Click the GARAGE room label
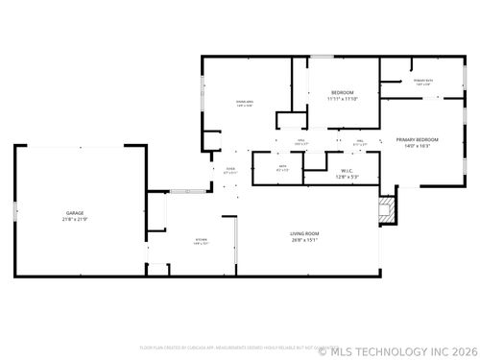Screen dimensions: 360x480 [74, 212]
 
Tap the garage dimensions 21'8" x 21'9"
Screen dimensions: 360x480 [74, 219]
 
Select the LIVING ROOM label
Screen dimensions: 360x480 [304, 234]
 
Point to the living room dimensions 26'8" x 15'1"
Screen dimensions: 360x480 [304, 241]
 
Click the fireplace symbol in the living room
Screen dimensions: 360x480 [387, 210]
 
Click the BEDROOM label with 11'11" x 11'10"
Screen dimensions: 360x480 [343, 92]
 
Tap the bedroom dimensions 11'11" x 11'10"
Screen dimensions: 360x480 [343, 99]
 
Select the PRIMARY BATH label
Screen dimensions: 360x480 [422, 80]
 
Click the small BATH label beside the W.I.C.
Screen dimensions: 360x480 [283, 165]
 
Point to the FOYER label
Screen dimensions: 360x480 [230, 169]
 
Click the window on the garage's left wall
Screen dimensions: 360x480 [13, 211]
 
